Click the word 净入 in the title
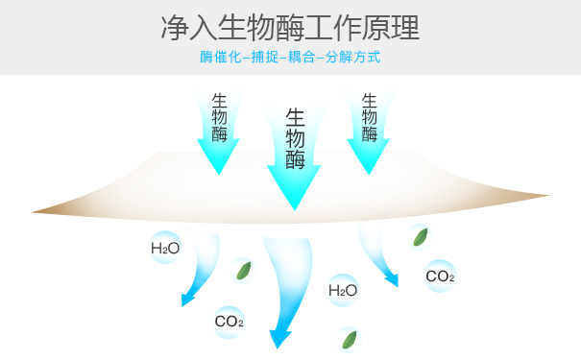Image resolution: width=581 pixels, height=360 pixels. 185,27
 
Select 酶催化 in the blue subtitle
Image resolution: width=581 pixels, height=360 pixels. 217,58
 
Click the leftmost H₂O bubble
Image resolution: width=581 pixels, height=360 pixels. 165,249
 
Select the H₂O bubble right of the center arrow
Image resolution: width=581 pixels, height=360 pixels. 343,289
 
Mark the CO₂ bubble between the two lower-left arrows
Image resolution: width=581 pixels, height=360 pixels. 230,322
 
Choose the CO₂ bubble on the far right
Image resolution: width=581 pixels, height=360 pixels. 440,276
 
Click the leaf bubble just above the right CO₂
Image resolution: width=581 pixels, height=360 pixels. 420,236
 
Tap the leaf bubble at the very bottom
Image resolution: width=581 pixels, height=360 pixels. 349,339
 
